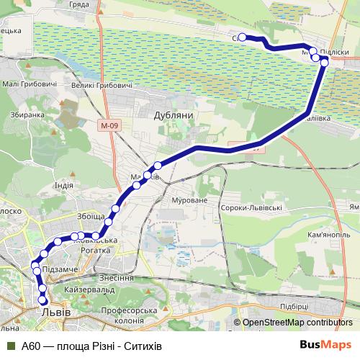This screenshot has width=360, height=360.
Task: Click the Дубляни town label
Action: coord(170,114)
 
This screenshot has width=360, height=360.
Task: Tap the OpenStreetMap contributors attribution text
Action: coord(297,322)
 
